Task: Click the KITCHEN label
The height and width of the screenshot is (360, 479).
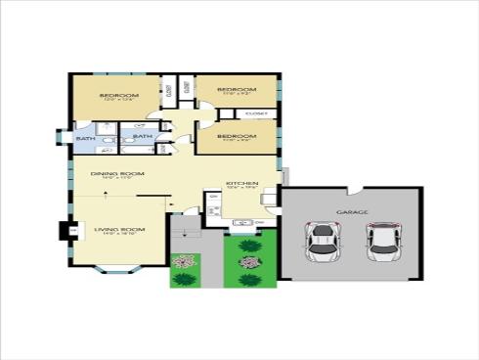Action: pos(240,183)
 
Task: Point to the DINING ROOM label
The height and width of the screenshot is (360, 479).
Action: pos(117,173)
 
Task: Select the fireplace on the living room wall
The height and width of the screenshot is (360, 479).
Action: pos(69,232)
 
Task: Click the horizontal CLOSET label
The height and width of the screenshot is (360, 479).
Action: pos(256,113)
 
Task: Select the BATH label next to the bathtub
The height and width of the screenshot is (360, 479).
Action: pos(143,136)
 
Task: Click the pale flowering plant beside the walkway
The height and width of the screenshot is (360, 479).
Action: pos(182,261)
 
